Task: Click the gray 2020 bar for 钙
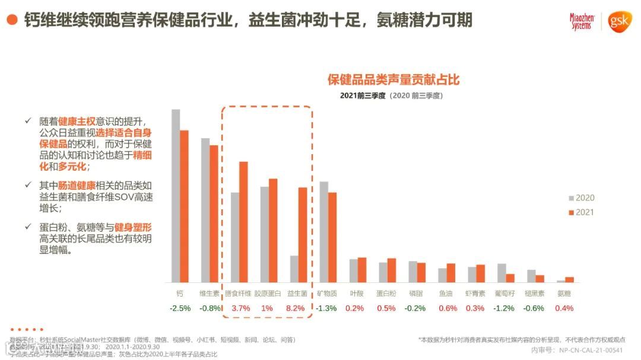176,196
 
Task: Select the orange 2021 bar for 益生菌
303,235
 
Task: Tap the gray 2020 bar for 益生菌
294,269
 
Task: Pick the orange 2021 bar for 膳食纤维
243,222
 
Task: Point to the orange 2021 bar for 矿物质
332,237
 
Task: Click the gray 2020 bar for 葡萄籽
502,273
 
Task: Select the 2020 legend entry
581,198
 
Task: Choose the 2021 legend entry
581,212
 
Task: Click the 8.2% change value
295,308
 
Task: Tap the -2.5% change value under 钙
180,308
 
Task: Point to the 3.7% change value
240,308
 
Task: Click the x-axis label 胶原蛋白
266,293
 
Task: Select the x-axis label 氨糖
564,293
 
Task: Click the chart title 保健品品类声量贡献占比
394,80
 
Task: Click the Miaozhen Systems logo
581,22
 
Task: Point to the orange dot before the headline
11,20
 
